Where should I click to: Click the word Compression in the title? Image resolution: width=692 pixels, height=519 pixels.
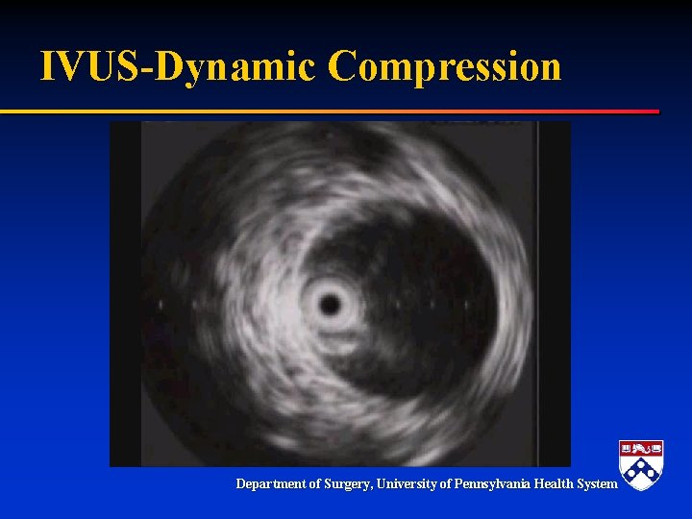pos(444,67)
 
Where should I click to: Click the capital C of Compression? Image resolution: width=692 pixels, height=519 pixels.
pos(342,66)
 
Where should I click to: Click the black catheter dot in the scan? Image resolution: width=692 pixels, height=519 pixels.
pos(331,306)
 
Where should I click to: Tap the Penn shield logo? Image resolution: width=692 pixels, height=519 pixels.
pos(641,465)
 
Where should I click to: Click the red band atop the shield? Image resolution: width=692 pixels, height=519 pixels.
pos(641,448)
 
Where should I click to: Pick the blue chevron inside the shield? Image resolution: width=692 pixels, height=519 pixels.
pos(641,471)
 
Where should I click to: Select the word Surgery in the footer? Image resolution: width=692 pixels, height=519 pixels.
pos(352,484)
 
